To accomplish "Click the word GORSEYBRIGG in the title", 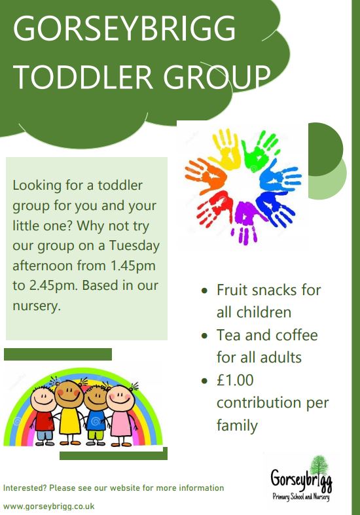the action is coord(124,28).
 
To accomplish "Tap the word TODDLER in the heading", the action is coord(83,77).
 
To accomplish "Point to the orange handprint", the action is coord(206,171).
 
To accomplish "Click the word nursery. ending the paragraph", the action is coord(37,306).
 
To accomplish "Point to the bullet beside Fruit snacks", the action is coord(205,291).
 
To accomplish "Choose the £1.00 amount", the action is coord(235,380).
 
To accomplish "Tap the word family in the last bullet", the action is coord(237,425).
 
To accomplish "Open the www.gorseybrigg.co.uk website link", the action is coord(49,506).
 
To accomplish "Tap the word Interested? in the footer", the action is coord(25,488).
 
